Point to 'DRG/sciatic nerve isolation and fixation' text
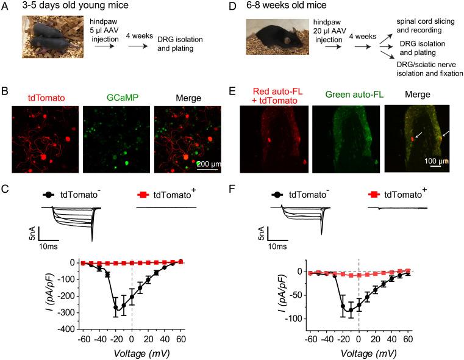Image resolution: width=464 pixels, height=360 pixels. [411, 67]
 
